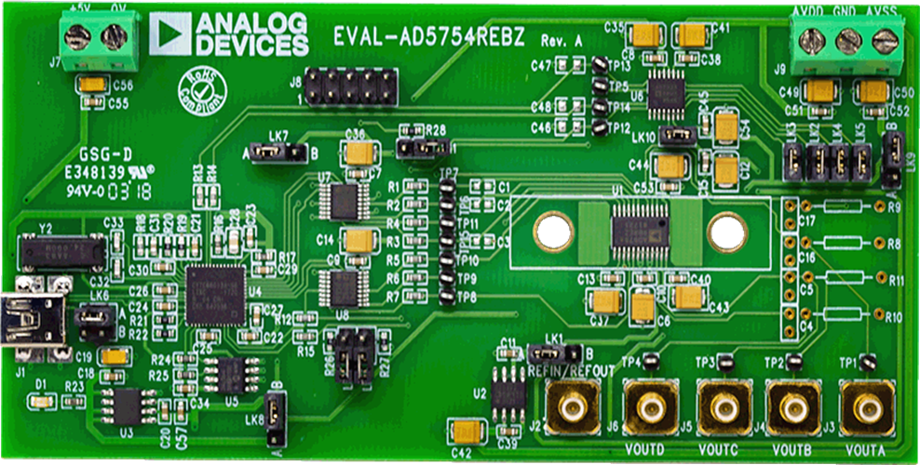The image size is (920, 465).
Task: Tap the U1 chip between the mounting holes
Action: pyautogui.click(x=639, y=227)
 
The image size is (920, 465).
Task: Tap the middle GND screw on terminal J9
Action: pyautogui.click(x=847, y=40)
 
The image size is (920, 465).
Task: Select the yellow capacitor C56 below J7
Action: pyautogui.click(x=93, y=86)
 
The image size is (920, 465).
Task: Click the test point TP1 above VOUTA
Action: pyautogui.click(x=867, y=360)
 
